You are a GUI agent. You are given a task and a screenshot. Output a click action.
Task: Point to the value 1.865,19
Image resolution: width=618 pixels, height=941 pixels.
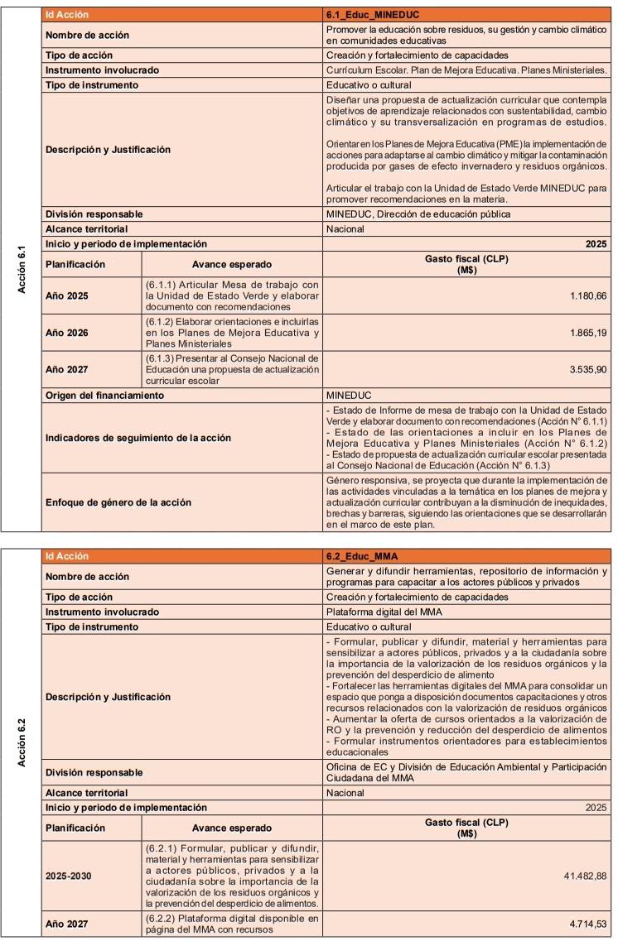tap(588, 333)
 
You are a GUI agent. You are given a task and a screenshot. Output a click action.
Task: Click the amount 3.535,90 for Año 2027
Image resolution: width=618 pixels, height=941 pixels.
tap(588, 370)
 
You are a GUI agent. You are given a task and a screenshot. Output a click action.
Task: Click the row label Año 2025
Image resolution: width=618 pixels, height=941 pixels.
tap(68, 296)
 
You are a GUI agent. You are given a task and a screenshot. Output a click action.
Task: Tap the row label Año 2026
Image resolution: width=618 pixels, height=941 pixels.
tap(68, 333)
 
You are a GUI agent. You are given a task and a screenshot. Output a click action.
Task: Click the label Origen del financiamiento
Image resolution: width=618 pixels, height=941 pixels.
tap(104, 396)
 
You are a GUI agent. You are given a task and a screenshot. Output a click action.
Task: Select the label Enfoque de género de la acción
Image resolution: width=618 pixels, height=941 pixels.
tap(118, 502)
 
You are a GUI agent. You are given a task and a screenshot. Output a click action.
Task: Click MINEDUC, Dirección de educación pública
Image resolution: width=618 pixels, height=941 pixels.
tap(418, 214)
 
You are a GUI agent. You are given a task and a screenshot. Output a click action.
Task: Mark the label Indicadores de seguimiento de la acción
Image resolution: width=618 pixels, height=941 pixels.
tap(138, 438)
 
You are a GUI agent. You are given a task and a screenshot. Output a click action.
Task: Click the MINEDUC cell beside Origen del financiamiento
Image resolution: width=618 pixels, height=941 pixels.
tap(349, 396)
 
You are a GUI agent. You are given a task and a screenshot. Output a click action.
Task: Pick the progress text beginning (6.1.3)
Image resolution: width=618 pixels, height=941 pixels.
tap(232, 370)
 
